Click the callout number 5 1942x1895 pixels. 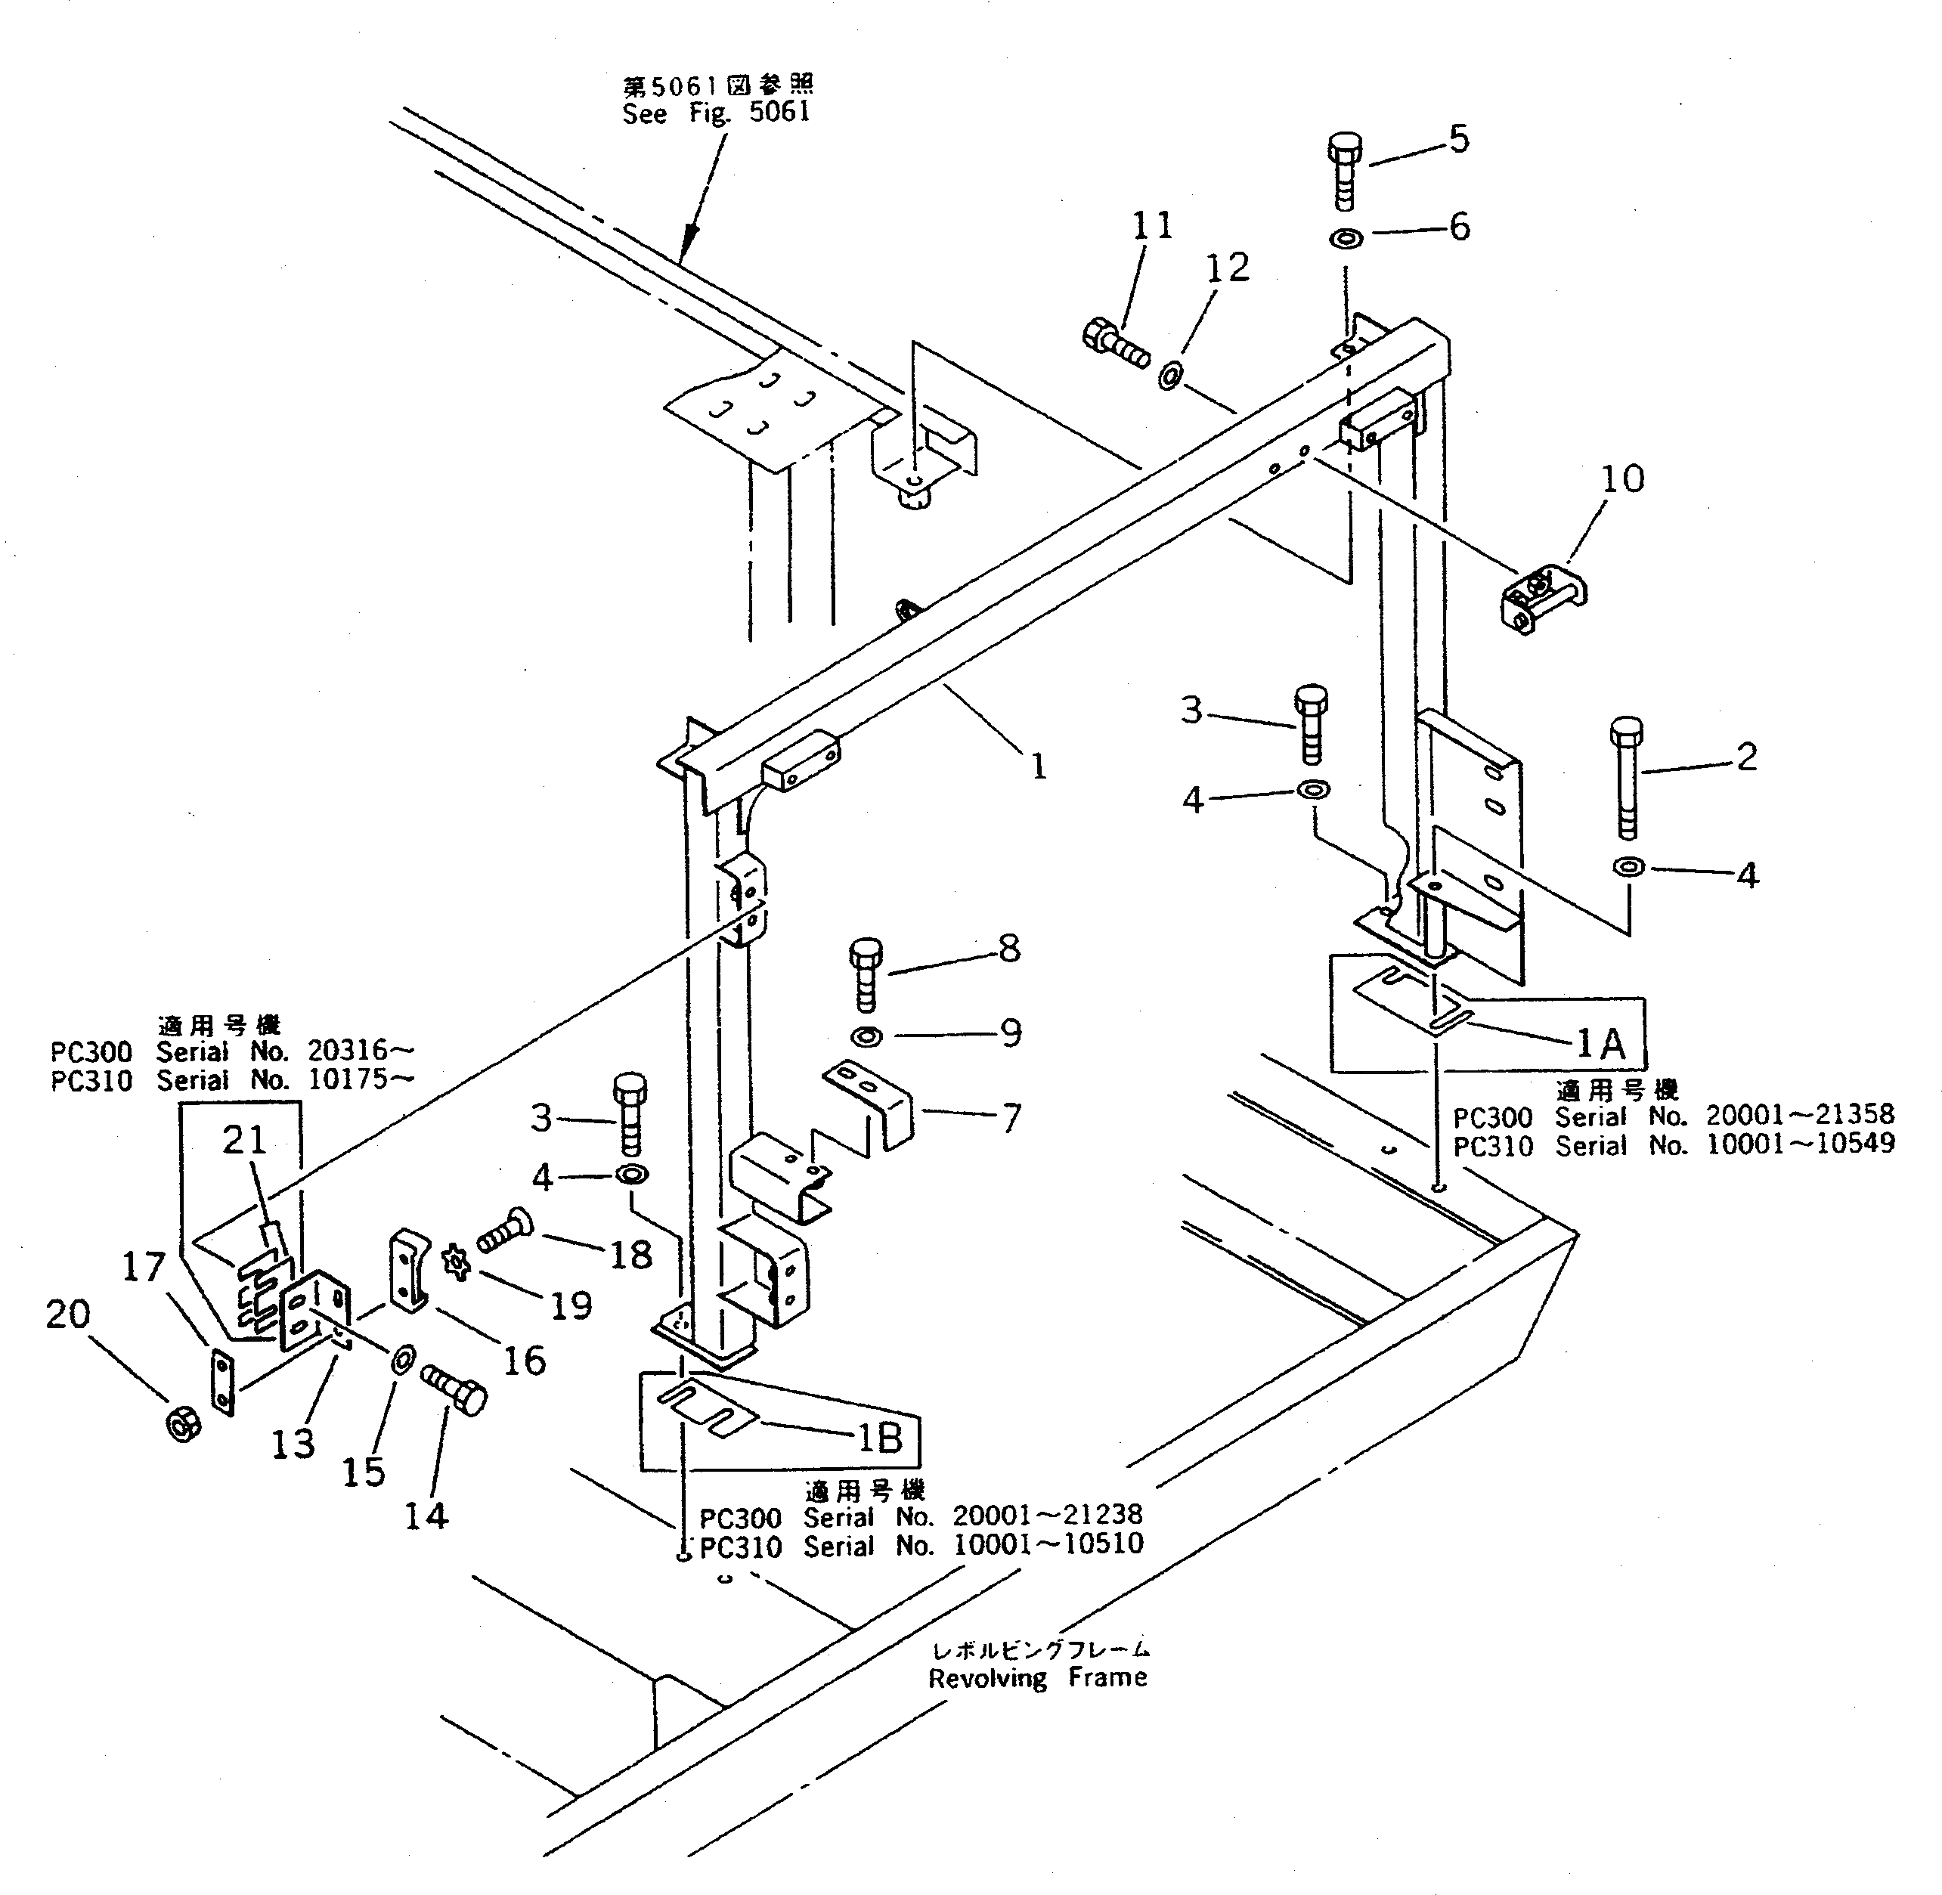tap(1458, 139)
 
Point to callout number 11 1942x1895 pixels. tap(1151, 226)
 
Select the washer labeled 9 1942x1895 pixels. tap(867, 1037)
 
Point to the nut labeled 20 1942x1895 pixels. tap(182, 1424)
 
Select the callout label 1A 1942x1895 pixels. tap(1600, 1043)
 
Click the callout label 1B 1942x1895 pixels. tap(879, 1436)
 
